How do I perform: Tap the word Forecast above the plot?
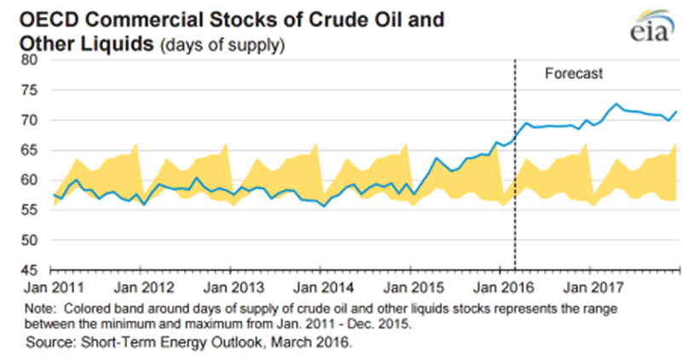574,74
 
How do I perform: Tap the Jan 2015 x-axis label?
408,287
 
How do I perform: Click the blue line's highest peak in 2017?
616,104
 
